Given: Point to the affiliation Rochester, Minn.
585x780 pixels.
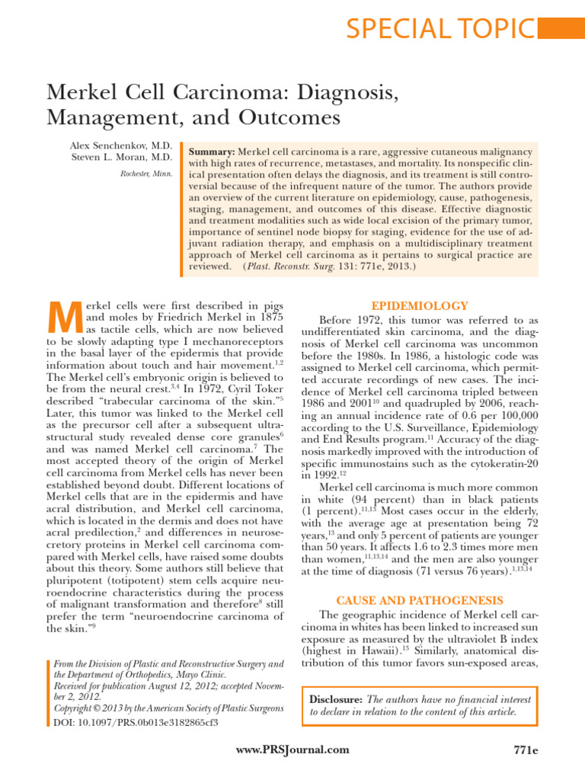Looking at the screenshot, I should [146, 174].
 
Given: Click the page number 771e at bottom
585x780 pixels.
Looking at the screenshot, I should [526, 750].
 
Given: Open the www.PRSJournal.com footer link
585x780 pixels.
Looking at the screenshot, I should [294, 750].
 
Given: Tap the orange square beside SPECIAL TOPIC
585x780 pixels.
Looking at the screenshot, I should [561, 28].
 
